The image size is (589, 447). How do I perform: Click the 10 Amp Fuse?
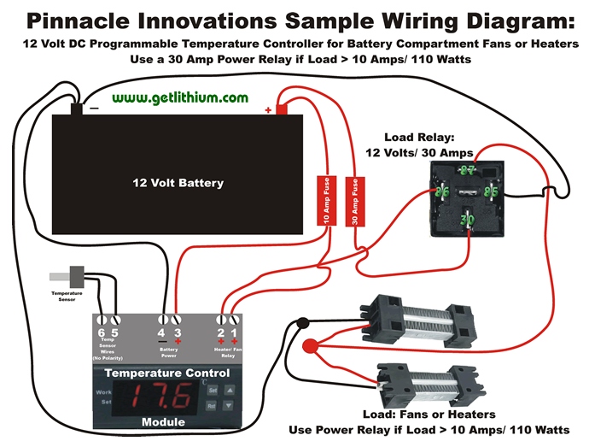coord(325,202)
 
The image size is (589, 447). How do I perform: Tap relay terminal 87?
coord(466,170)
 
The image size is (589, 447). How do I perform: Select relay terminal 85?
coord(491,191)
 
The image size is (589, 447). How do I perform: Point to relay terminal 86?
coord(443,193)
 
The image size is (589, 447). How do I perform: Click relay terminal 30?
coord(468,220)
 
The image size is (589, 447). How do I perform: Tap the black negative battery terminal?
coord(77,109)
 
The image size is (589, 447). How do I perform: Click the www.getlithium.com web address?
coord(179,98)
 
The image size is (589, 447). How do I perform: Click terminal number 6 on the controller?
coord(102,332)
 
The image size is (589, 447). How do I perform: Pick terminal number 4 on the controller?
coord(161,332)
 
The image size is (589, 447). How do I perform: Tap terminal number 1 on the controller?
coord(234,332)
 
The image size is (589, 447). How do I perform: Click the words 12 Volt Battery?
coord(178,183)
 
